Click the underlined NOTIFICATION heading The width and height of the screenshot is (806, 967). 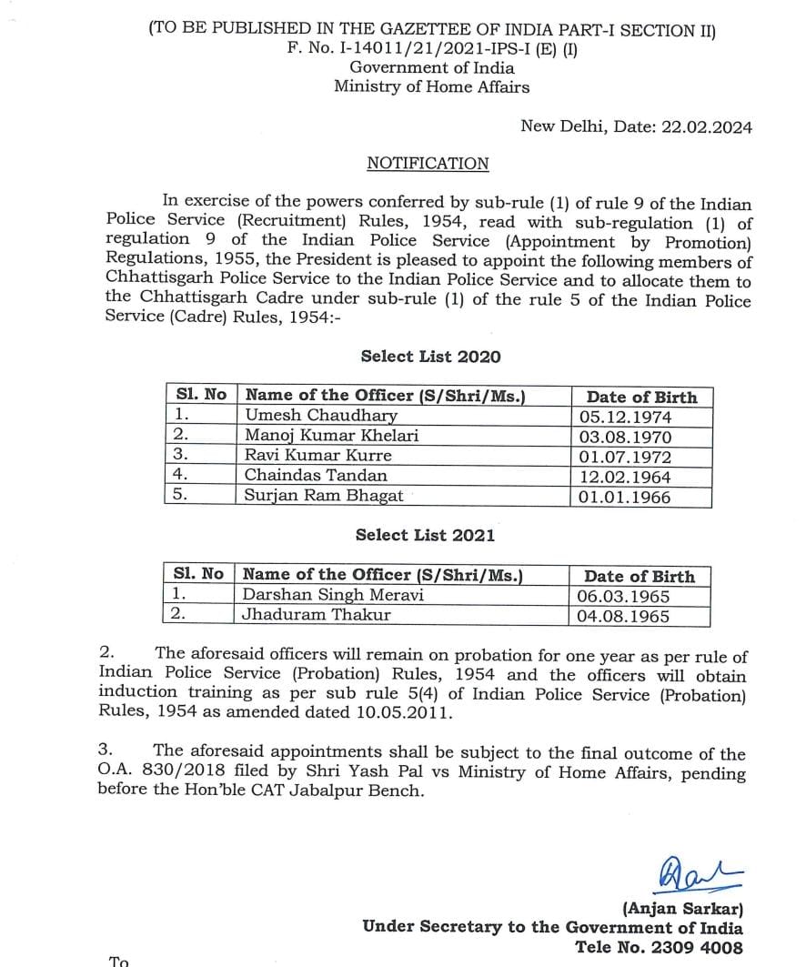[x=428, y=164]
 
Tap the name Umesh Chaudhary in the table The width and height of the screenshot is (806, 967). [x=321, y=416]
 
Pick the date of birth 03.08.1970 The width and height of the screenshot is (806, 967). [x=625, y=437]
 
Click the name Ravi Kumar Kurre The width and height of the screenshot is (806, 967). [x=318, y=456]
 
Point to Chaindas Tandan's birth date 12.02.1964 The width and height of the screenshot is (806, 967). [x=625, y=477]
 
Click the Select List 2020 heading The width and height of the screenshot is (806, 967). [x=430, y=357]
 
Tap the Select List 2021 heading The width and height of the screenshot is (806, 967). [x=425, y=535]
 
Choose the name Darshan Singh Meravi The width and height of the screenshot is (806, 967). [x=333, y=595]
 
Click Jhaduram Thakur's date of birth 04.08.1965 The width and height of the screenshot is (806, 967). [x=623, y=616]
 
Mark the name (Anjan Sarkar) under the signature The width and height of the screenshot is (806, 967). [x=682, y=908]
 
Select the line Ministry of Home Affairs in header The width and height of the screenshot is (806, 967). [x=431, y=87]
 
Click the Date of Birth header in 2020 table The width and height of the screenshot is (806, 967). [x=641, y=397]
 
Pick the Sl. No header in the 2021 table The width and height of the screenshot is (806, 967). [x=197, y=575]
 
